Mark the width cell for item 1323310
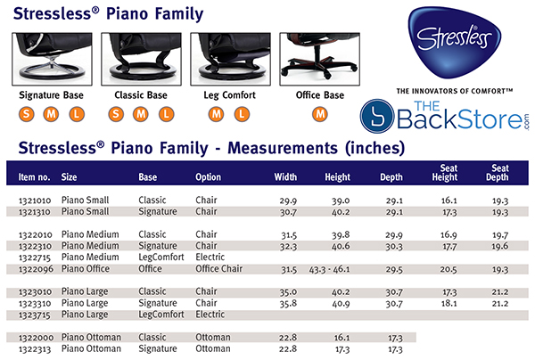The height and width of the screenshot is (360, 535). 285,303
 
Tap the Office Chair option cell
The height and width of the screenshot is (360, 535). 218,268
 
